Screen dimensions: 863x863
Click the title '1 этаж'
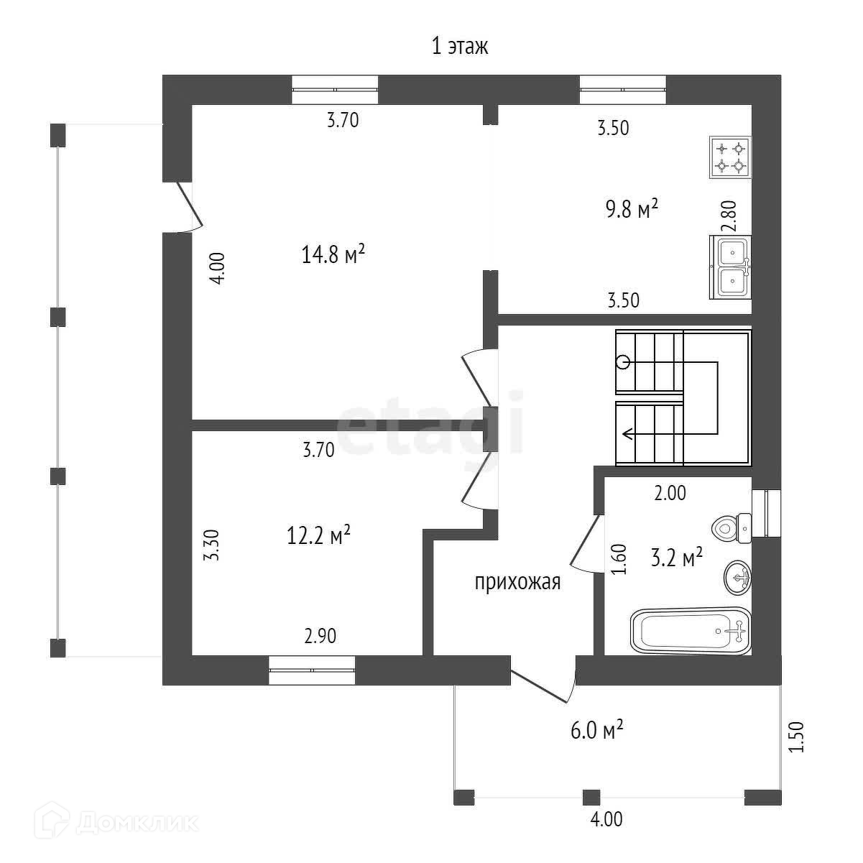(x=459, y=47)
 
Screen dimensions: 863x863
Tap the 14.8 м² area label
(x=334, y=254)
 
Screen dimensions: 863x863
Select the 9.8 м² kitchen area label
(x=632, y=210)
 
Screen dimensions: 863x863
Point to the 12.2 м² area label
(x=318, y=535)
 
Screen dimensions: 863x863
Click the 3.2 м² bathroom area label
(x=676, y=558)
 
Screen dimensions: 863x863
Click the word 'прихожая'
(x=517, y=582)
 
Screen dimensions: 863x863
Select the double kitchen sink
(x=732, y=267)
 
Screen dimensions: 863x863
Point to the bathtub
(x=691, y=631)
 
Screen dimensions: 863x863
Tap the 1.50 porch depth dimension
(x=795, y=737)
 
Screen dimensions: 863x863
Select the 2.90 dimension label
(x=320, y=636)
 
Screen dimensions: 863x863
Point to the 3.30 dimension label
(x=210, y=546)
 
